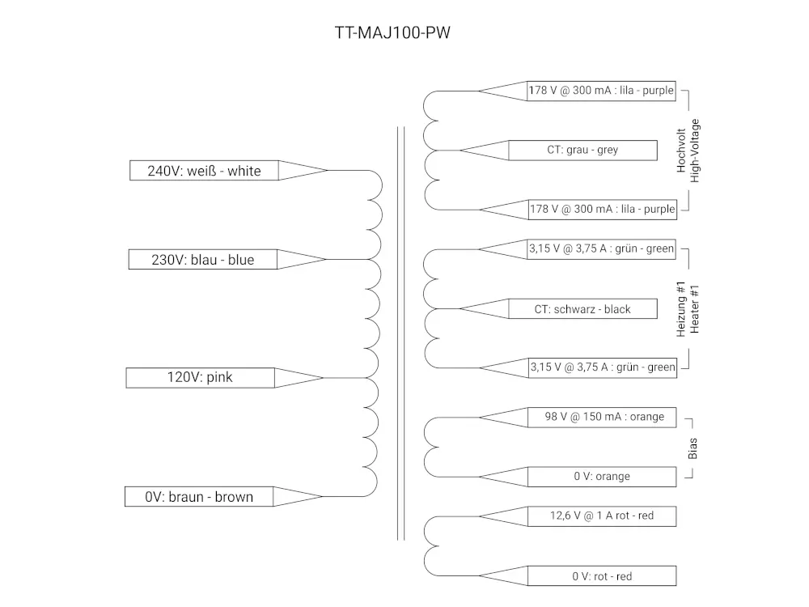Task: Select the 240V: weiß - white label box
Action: [x=204, y=171]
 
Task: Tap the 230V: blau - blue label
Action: [x=203, y=260]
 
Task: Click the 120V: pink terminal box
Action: [x=201, y=377]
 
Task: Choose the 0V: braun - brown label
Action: [x=199, y=497]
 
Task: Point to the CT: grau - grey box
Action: [x=582, y=150]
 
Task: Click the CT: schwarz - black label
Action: [x=582, y=309]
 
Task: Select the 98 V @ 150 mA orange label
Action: [x=602, y=417]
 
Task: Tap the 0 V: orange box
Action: [x=602, y=477]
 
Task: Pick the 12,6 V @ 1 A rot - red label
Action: [x=602, y=516]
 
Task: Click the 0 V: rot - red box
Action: [x=602, y=576]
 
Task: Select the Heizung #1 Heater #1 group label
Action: [x=688, y=309]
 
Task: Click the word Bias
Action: [x=693, y=448]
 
